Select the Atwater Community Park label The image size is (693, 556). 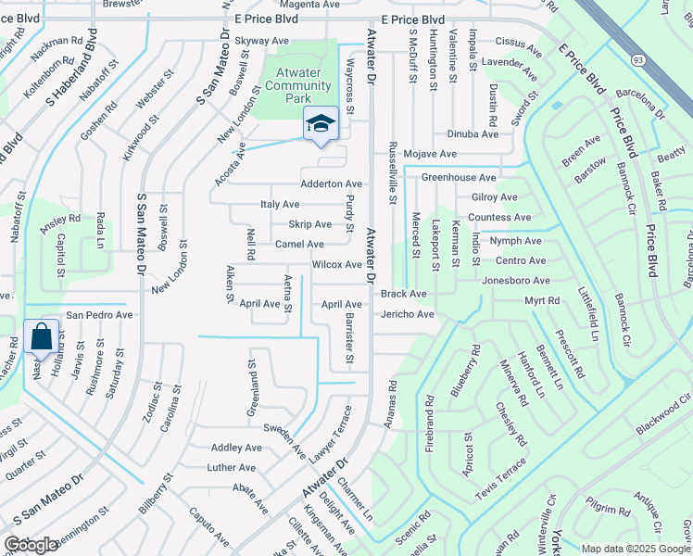[x=297, y=86]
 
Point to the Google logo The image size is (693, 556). [x=31, y=545]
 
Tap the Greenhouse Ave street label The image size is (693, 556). [x=459, y=177]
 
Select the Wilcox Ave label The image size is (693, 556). [x=336, y=264]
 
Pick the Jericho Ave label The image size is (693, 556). [x=407, y=315]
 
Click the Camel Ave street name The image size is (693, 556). [x=299, y=244]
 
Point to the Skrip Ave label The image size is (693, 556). [x=309, y=224]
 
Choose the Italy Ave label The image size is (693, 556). [x=280, y=204]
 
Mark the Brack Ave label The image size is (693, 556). [x=403, y=294]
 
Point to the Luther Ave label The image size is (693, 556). [x=232, y=468]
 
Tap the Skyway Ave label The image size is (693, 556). [x=262, y=41]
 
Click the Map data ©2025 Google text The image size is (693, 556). [x=636, y=549]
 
